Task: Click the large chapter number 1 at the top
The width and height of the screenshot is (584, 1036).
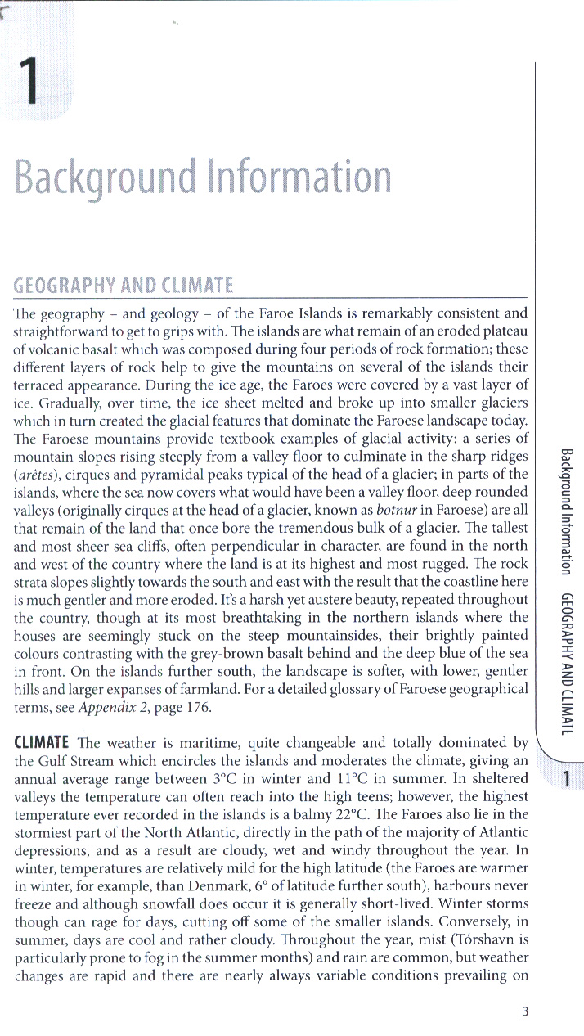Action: coord(32,84)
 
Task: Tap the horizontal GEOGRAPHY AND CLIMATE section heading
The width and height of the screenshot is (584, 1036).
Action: coord(124,286)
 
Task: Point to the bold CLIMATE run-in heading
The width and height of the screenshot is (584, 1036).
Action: coord(41,743)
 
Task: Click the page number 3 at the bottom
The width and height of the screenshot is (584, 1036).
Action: coord(525,1011)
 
